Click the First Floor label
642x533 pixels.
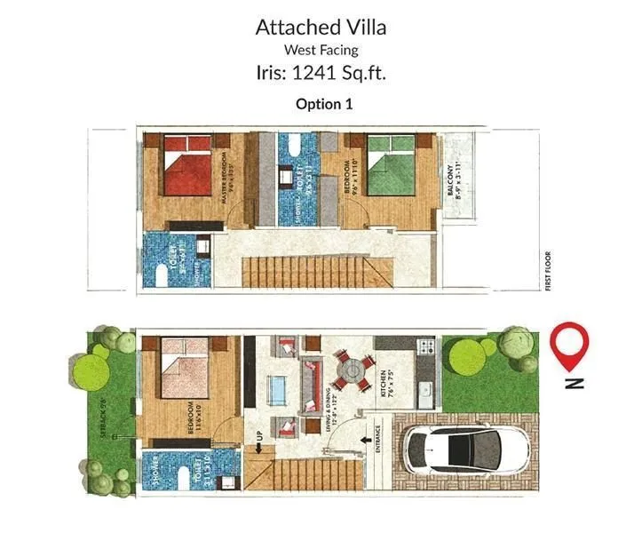(x=549, y=270)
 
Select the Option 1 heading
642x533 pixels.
(x=324, y=103)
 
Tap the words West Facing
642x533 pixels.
(x=321, y=50)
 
